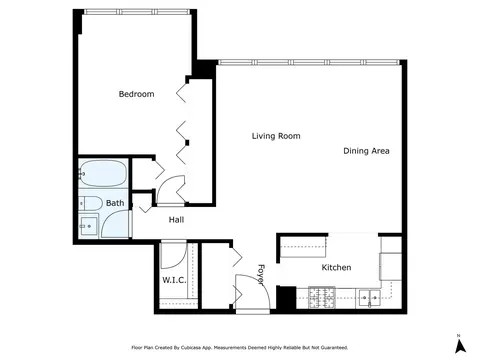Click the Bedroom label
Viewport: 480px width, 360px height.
click(x=136, y=94)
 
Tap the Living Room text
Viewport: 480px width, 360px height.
click(x=276, y=136)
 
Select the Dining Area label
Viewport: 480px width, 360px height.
click(x=366, y=151)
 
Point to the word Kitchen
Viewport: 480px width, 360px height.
click(x=336, y=267)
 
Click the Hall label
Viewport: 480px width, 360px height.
click(x=176, y=220)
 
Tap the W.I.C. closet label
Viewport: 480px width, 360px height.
click(x=174, y=280)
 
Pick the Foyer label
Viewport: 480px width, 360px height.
click(x=261, y=275)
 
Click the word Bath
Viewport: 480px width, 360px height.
click(x=115, y=203)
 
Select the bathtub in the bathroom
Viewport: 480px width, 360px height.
click(x=103, y=173)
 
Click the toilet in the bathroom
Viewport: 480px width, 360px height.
click(x=91, y=203)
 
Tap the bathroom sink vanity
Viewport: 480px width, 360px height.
click(x=89, y=226)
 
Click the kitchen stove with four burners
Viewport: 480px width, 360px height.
click(x=322, y=297)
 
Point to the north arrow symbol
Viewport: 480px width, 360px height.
click(x=460, y=346)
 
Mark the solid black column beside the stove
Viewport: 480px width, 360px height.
click(x=286, y=298)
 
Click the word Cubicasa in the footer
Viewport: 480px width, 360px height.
click(x=190, y=348)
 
